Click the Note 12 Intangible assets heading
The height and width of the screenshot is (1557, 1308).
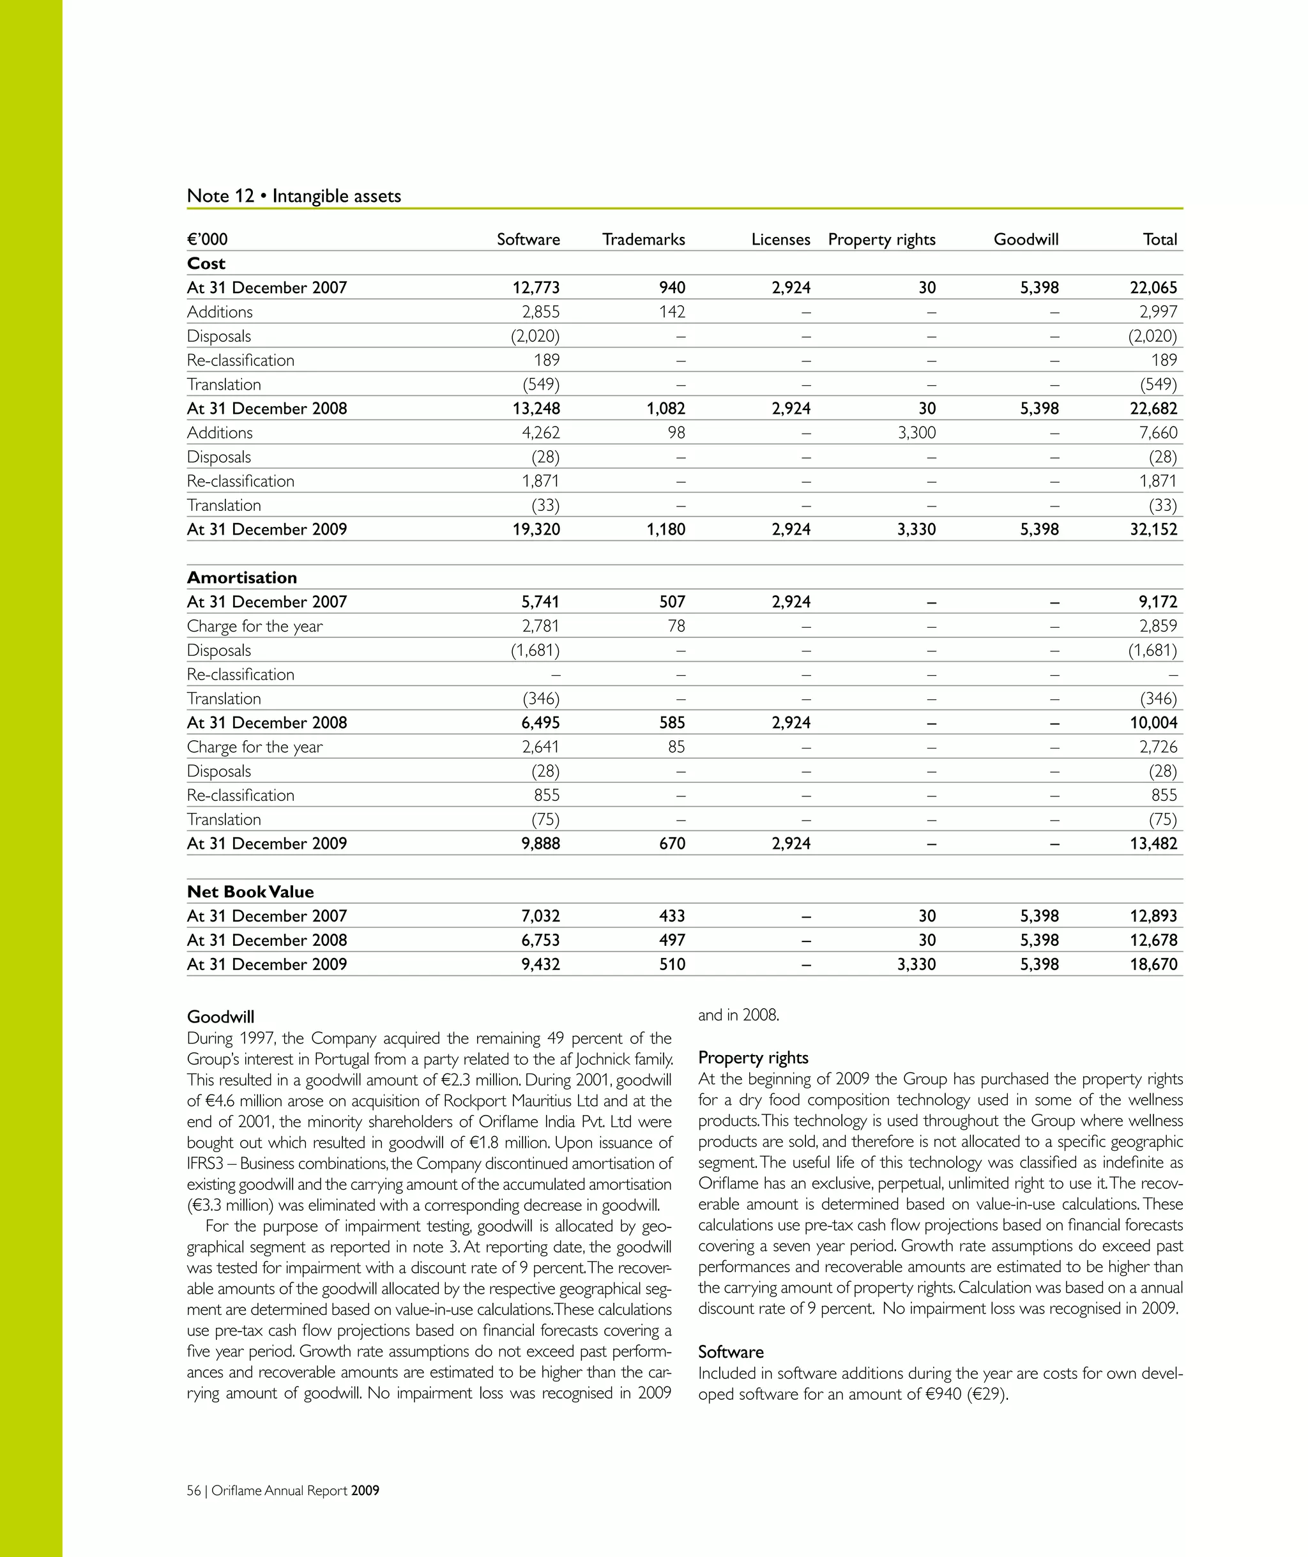(x=294, y=195)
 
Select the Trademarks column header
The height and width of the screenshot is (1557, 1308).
(x=643, y=239)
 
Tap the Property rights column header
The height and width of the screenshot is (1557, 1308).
(x=881, y=239)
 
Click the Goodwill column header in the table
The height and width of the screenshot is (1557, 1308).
(x=1026, y=239)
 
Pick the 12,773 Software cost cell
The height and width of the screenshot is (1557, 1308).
(x=535, y=287)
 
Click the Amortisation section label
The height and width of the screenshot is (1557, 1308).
(x=241, y=577)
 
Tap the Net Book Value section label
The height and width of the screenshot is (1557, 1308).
(x=250, y=892)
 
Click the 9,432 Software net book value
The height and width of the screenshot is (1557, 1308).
(x=540, y=964)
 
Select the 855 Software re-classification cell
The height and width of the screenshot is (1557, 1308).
(x=547, y=796)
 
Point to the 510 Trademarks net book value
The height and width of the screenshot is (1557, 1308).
(x=672, y=964)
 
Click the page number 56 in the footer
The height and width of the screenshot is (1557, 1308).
(x=194, y=1491)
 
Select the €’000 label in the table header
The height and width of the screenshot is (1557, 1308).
(x=207, y=239)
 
